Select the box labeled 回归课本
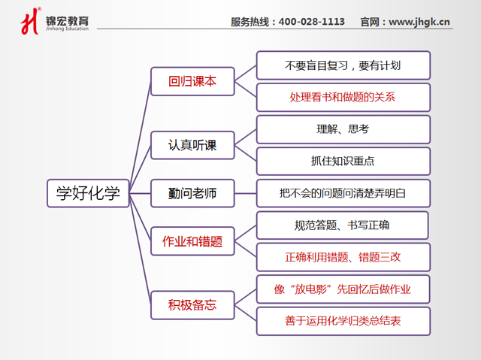[x=192, y=81]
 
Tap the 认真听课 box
[x=192, y=144]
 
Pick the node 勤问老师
[x=192, y=193]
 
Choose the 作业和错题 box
[x=192, y=241]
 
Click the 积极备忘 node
[x=192, y=305]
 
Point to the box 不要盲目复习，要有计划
[x=343, y=65]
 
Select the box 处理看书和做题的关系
[x=343, y=97]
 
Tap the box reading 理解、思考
[x=343, y=129]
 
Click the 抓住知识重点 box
[x=343, y=161]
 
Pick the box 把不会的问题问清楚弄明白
[x=343, y=193]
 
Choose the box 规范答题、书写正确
[x=343, y=225]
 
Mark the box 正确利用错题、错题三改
[x=343, y=257]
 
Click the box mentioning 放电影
[x=343, y=289]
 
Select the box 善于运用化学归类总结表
[x=343, y=321]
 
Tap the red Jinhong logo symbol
[x=29, y=21]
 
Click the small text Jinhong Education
[x=66, y=29]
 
